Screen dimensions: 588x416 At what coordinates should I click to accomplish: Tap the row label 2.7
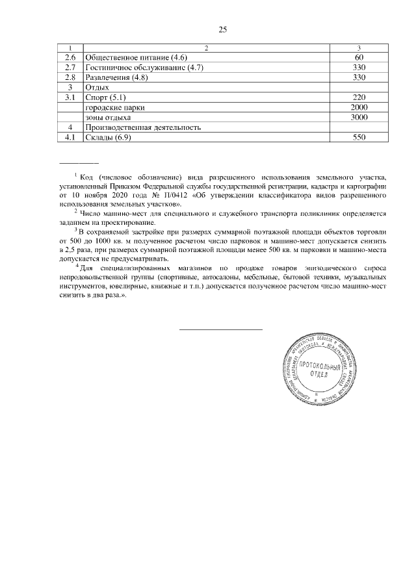click(x=71, y=68)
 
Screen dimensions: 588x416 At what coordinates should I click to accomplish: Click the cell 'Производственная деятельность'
click(x=143, y=127)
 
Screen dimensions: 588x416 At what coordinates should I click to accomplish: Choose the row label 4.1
click(x=71, y=137)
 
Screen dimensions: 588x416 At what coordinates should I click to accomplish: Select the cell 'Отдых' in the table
click(x=97, y=87)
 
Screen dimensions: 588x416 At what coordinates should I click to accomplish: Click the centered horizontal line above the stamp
click(x=220, y=330)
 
